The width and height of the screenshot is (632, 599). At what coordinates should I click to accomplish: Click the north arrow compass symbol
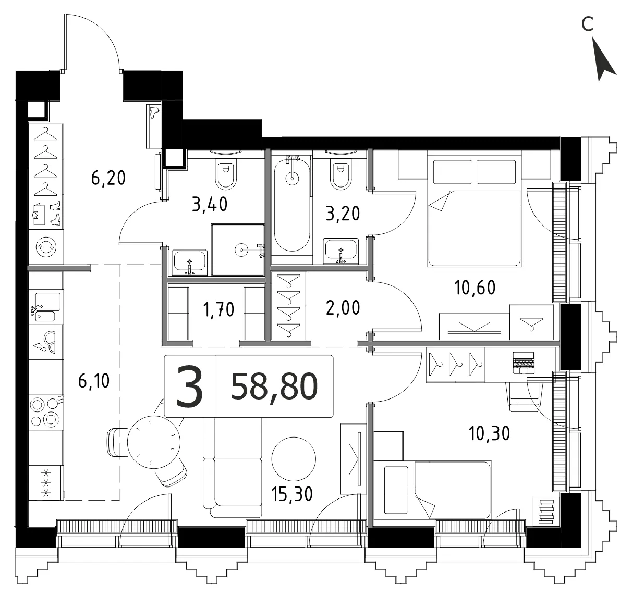603,59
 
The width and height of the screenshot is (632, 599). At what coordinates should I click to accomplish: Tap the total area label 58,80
274,387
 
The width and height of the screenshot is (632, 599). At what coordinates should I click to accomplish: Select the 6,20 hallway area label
108,178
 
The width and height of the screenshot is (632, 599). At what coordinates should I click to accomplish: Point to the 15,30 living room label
292,494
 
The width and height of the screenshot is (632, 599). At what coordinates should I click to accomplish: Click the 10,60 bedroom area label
475,288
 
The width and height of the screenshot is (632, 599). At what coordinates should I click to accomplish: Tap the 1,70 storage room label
218,310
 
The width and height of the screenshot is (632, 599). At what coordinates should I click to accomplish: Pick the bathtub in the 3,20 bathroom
292,205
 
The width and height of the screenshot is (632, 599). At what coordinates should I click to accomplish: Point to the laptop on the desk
524,363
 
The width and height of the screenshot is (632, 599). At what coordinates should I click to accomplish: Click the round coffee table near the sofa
294,459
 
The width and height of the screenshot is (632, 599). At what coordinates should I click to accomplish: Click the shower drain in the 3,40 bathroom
241,249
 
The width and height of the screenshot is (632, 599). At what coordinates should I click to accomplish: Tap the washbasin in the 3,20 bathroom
341,251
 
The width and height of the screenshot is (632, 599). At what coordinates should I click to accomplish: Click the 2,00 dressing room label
343,308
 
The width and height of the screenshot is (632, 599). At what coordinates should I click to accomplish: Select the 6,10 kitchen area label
94,381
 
